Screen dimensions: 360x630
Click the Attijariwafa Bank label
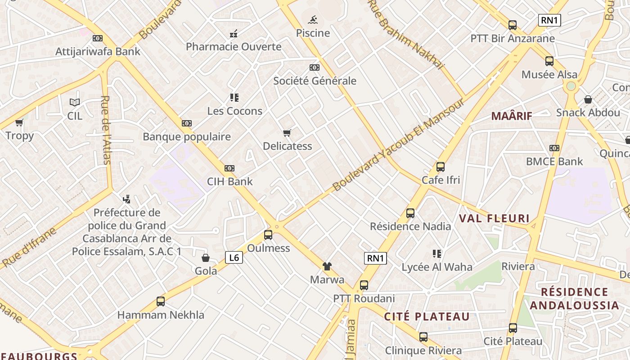click(x=98, y=52)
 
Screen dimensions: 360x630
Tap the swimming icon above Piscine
click(x=313, y=20)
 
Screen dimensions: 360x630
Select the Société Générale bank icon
click(x=315, y=67)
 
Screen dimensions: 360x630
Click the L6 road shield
click(x=234, y=257)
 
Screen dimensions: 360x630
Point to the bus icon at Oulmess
click(x=268, y=234)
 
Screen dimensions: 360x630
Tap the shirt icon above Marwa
click(x=327, y=266)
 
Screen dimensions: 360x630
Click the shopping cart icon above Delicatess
click(x=287, y=133)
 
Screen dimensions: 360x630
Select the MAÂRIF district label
click(x=512, y=116)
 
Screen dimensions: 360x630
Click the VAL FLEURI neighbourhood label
click(x=494, y=219)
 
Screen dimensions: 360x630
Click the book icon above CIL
click(x=75, y=103)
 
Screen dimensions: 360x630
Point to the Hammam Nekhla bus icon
click(x=161, y=301)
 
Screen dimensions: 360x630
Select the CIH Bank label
click(x=229, y=182)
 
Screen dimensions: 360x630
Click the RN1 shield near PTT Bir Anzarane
click(x=549, y=20)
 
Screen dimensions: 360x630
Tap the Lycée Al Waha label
click(x=437, y=267)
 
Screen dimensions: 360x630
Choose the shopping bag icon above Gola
click(x=206, y=258)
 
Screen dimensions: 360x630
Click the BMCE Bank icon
click(x=554, y=148)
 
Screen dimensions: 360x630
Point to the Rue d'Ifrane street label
click(x=29, y=247)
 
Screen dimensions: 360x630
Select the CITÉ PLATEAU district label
click(x=427, y=317)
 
